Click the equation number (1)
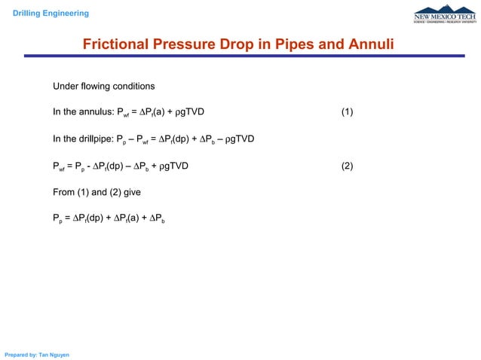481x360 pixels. click(x=347, y=113)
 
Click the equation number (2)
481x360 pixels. click(x=347, y=166)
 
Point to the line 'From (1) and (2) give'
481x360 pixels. click(x=97, y=193)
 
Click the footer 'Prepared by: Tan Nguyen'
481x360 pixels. click(x=37, y=354)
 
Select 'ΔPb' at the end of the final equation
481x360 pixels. click(x=159, y=220)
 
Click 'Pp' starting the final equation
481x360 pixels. click(x=57, y=220)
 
